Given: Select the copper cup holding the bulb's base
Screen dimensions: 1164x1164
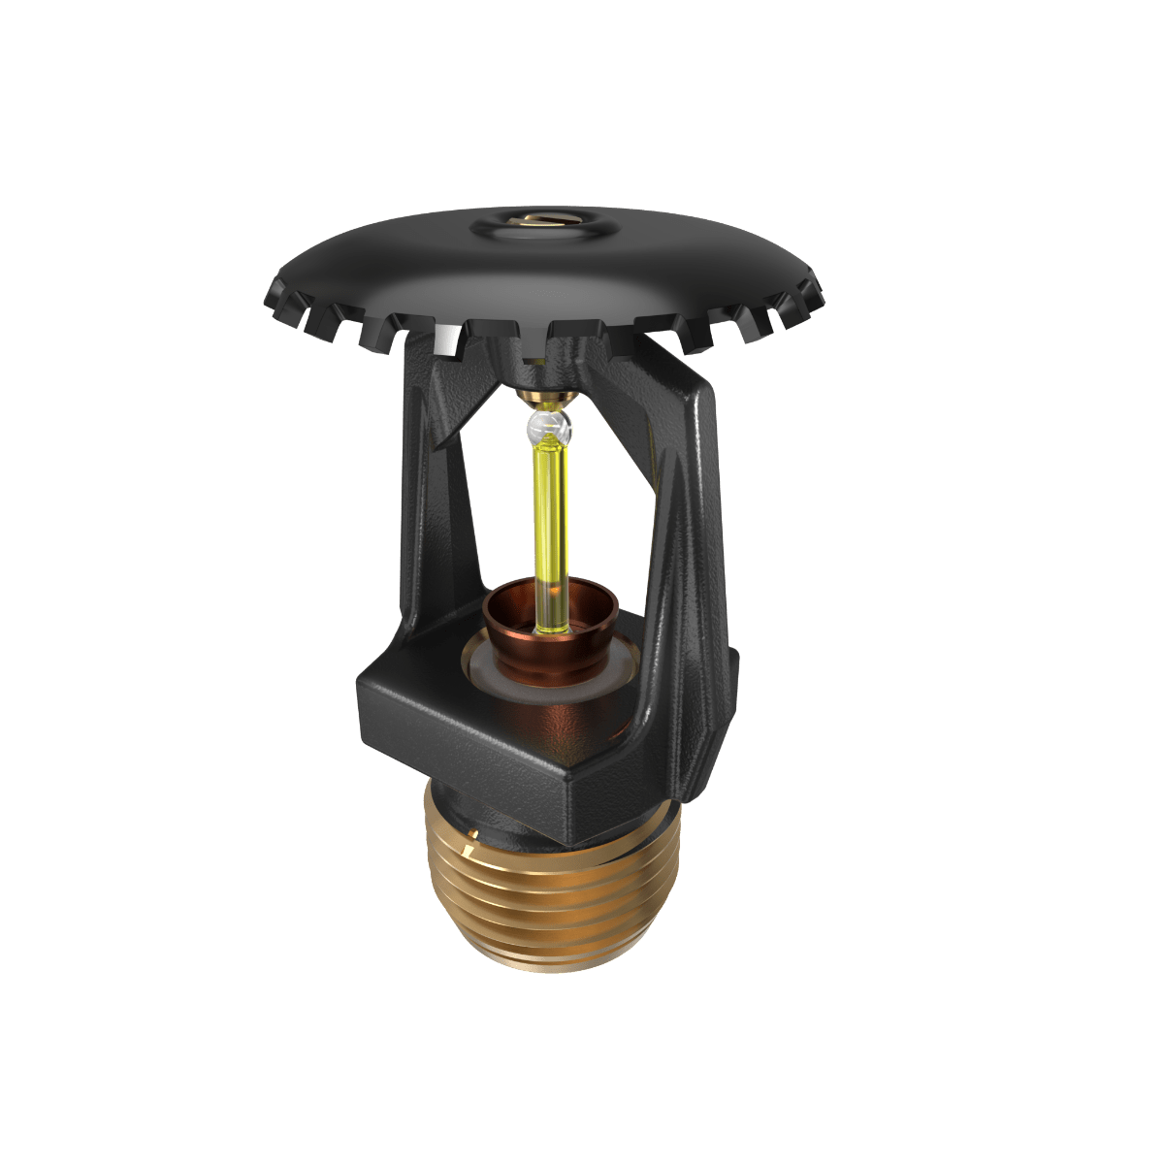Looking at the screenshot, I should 550,630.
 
